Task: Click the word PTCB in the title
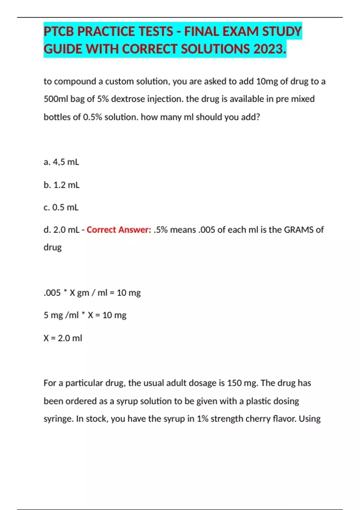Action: tap(59, 31)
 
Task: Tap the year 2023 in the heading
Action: tap(270, 49)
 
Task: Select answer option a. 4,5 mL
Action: tap(61, 162)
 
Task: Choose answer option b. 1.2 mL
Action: tap(61, 185)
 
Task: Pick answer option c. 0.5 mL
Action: tap(61, 207)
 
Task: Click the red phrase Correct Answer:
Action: tap(119, 230)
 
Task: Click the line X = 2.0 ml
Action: tap(63, 338)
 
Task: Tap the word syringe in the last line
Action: tap(58, 419)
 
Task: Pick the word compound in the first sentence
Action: tap(75, 81)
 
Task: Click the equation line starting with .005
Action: tap(92, 293)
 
